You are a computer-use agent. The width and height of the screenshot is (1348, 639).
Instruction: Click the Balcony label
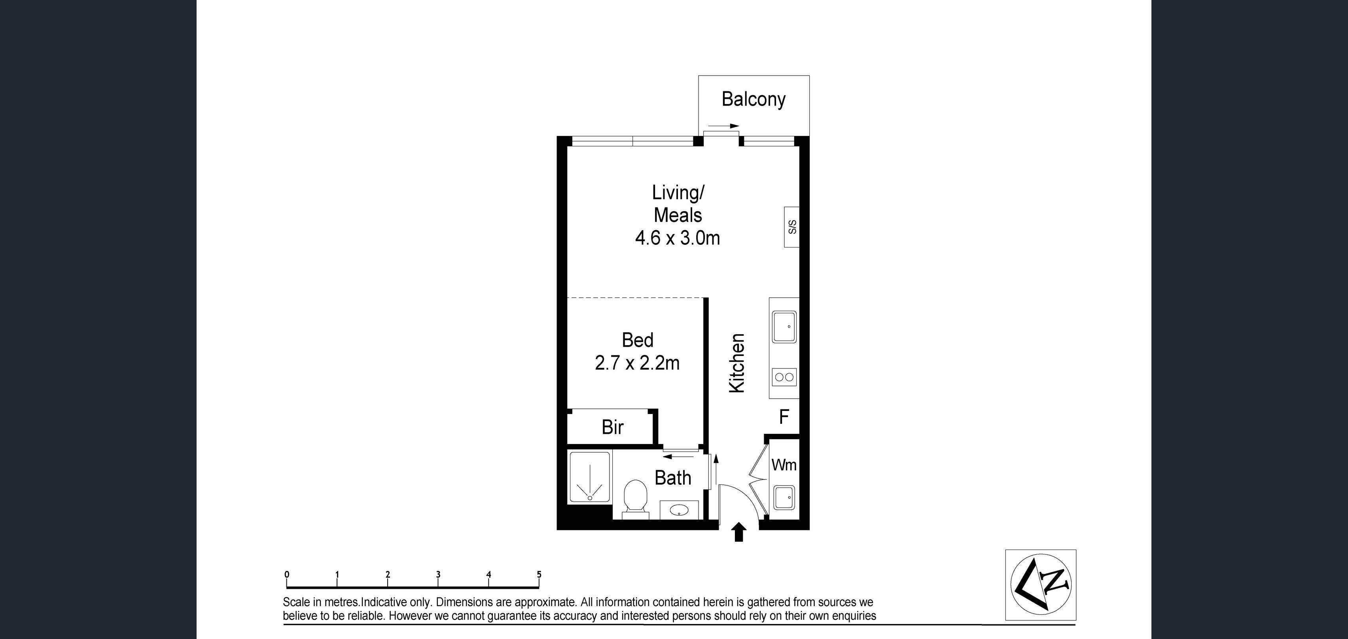[x=753, y=99]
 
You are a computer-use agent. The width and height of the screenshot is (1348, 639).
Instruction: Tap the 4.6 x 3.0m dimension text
[x=677, y=238]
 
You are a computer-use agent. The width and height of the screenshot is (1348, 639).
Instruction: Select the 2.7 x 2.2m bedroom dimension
[x=637, y=363]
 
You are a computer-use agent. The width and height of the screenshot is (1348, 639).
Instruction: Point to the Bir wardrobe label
[x=612, y=427]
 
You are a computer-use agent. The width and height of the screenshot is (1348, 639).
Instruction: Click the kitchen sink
[x=784, y=327]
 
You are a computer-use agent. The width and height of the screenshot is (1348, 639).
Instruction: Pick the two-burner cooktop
[x=784, y=377]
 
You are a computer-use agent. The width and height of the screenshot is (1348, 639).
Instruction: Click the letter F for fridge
[x=784, y=417]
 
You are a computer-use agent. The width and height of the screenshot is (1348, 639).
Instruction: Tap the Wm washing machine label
[x=784, y=465]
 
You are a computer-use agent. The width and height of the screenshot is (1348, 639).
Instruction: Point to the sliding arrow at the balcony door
[x=723, y=126]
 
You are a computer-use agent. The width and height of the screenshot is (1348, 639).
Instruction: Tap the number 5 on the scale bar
[x=539, y=574]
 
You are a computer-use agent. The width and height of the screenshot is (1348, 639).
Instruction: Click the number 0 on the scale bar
[x=287, y=574]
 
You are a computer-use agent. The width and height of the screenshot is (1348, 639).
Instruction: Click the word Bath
[x=673, y=478]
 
